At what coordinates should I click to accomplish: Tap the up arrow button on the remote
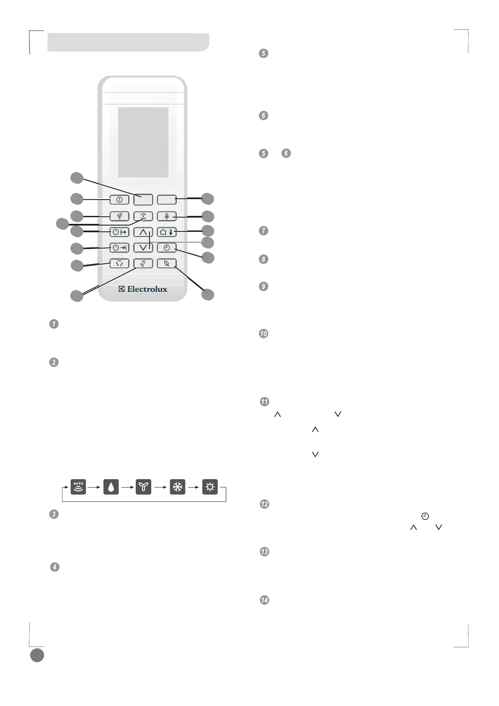(x=143, y=232)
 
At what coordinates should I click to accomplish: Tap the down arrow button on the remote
(x=143, y=248)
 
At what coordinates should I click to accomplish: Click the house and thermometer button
(x=167, y=232)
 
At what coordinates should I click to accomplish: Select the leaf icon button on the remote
(x=167, y=264)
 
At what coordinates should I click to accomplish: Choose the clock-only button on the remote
(x=167, y=248)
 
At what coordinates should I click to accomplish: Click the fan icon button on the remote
(x=119, y=216)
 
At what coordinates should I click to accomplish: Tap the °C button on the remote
(x=143, y=264)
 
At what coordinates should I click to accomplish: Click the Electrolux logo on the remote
(x=143, y=289)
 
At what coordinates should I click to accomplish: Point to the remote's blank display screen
(x=143, y=142)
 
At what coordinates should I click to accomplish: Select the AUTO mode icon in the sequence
(x=78, y=487)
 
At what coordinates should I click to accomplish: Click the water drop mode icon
(x=111, y=487)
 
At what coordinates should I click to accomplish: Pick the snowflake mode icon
(x=177, y=487)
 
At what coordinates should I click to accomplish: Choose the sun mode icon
(x=210, y=487)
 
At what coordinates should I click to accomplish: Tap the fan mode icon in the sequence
(x=144, y=487)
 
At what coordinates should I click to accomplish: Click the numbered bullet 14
(x=264, y=600)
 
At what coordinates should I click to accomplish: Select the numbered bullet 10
(x=264, y=334)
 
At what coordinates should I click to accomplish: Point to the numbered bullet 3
(x=54, y=514)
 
